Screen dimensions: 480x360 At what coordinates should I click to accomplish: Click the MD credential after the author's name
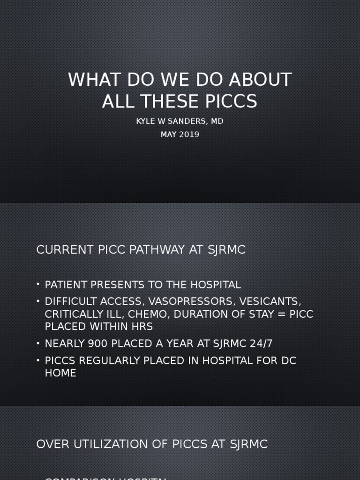pyautogui.click(x=217, y=121)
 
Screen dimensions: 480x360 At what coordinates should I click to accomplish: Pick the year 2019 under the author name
pyautogui.click(x=188, y=135)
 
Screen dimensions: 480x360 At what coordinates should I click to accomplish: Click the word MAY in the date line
pyautogui.click(x=168, y=135)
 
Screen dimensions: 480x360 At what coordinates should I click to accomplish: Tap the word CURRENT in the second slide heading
pyautogui.click(x=59, y=250)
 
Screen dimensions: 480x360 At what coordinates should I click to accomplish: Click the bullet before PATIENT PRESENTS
pyautogui.click(x=38, y=285)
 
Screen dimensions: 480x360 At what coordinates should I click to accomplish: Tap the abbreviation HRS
pyautogui.click(x=141, y=327)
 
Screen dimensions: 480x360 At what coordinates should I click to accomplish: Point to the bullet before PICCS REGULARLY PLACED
pyautogui.click(x=38, y=361)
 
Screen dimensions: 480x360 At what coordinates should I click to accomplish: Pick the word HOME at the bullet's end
pyautogui.click(x=60, y=373)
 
